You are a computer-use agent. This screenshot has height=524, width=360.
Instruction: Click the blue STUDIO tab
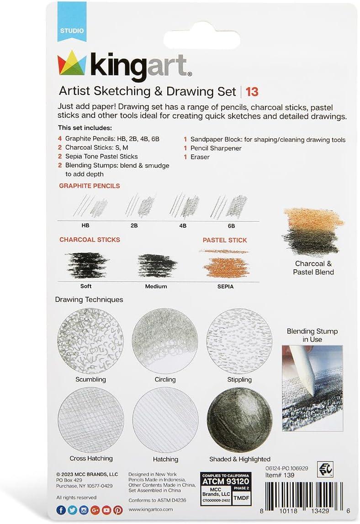(x=71, y=31)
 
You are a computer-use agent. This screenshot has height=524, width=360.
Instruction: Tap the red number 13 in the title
(x=252, y=92)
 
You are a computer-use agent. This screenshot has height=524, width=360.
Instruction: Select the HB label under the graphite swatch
(x=85, y=225)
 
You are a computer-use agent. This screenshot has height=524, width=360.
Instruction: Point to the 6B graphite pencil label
(x=231, y=225)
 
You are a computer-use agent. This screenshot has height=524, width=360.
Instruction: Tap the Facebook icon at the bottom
(x=61, y=510)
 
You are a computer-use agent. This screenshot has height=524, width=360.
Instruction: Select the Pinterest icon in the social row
(x=118, y=510)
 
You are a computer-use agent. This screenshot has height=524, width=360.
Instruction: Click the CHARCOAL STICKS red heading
(x=90, y=240)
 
